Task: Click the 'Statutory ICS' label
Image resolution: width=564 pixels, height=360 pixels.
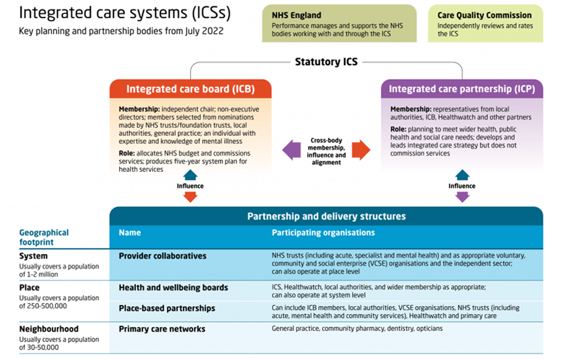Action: coord(326,61)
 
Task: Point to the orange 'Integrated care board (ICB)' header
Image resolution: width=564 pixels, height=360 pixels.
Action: coord(190,89)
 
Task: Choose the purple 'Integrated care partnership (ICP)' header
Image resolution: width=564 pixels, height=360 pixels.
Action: coord(462,89)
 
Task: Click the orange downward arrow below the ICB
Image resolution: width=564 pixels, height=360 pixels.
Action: coord(190,196)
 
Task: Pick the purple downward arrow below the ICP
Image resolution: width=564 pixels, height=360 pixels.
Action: coord(462,196)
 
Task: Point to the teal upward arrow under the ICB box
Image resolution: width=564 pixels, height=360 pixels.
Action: coord(190,175)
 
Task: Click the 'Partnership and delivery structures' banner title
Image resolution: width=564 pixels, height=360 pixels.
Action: coord(326,216)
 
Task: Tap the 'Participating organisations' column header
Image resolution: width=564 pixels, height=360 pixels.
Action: coord(323,233)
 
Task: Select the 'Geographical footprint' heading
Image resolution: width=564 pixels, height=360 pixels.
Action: coord(44,237)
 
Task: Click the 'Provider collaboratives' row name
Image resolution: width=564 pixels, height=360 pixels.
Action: coord(162,256)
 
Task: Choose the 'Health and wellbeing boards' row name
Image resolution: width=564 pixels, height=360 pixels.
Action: coord(174,288)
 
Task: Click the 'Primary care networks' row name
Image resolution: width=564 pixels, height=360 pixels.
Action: coord(162,329)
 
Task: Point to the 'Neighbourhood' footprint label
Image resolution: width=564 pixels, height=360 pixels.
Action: coord(49,330)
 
